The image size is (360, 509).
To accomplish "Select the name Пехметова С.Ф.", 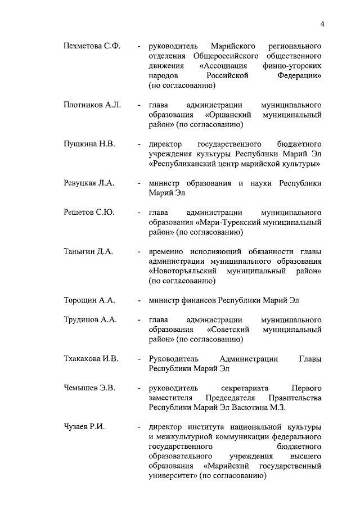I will [x=92, y=44].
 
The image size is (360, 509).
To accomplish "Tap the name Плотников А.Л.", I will [x=92, y=105].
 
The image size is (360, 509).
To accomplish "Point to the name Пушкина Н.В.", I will [x=89, y=144].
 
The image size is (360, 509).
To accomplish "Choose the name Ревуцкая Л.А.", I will [x=89, y=183].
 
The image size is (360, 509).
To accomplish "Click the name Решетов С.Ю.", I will [x=89, y=212].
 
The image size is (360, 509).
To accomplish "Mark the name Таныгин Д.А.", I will [x=88, y=251].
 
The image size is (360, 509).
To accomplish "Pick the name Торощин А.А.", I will [x=89, y=300].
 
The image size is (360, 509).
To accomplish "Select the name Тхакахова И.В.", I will [x=91, y=358].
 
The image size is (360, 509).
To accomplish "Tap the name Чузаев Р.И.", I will [x=84, y=427].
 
